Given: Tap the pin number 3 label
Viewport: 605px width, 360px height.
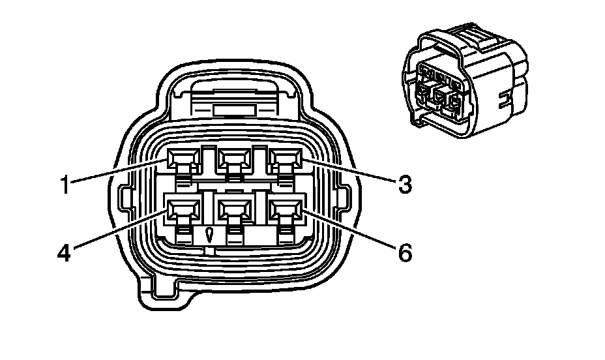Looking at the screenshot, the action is click(405, 185).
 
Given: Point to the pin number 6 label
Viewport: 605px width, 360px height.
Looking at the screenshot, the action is click(405, 252).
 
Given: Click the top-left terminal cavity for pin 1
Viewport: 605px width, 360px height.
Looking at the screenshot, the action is click(181, 158).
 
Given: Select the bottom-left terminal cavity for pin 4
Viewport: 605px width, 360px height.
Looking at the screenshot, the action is click(181, 210).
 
